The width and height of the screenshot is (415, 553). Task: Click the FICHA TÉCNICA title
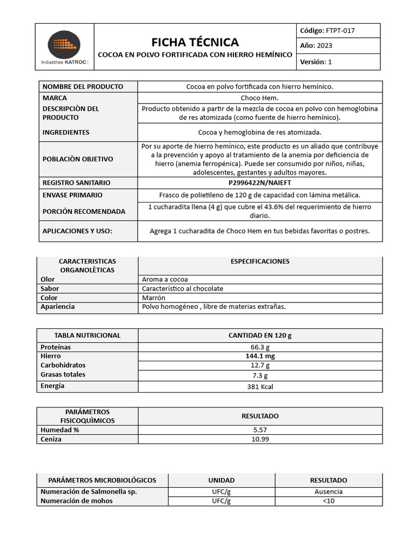[195, 42]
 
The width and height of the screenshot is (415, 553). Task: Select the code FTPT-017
[340, 31]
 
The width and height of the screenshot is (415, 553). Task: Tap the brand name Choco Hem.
[260, 98]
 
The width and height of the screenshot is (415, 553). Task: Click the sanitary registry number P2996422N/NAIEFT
[260, 183]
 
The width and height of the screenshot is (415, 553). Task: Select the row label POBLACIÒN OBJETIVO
[78, 159]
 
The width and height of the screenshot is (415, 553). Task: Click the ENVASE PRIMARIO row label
[72, 195]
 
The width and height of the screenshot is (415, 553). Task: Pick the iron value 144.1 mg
[260, 356]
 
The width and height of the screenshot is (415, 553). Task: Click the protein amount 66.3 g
[260, 347]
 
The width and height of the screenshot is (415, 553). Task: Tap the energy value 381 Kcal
[260, 387]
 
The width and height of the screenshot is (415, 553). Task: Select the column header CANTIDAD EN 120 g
[260, 335]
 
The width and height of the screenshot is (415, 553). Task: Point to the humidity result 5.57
[260, 430]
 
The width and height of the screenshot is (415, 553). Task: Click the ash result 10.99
[260, 439]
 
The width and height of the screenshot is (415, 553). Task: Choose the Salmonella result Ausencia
[328, 491]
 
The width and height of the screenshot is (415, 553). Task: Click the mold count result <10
[328, 501]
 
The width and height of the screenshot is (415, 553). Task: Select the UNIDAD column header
[222, 480]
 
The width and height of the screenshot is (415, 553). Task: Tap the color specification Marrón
[154, 298]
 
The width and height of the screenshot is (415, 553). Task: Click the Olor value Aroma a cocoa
[165, 279]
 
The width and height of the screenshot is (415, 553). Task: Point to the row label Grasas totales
[63, 374]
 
